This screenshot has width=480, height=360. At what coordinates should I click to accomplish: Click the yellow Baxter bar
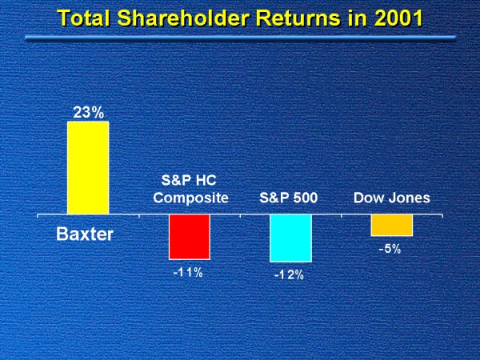click(87, 168)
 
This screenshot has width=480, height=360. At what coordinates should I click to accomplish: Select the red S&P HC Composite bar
click(189, 237)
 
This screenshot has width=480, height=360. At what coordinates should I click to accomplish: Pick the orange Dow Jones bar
click(391, 226)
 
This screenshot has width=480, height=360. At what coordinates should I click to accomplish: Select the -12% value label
click(289, 275)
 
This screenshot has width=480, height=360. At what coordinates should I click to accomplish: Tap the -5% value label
click(390, 249)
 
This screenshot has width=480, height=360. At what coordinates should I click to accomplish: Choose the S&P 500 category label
click(290, 198)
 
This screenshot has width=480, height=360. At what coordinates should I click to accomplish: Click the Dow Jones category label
click(391, 198)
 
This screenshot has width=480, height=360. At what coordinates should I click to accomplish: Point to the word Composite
click(190, 198)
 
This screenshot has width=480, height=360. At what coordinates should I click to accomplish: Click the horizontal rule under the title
click(240, 38)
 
